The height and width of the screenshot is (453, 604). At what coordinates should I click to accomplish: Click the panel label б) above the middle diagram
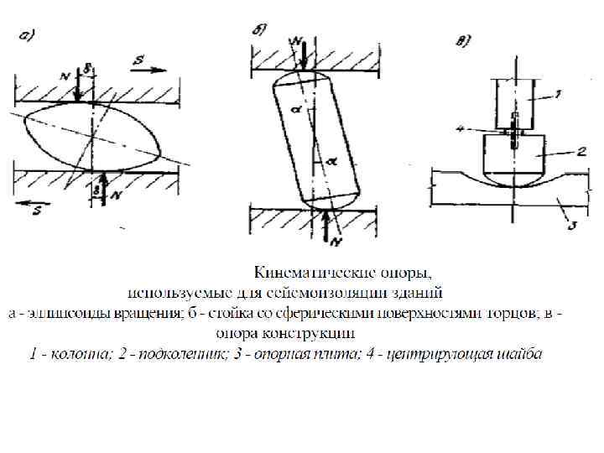pyautogui.click(x=261, y=31)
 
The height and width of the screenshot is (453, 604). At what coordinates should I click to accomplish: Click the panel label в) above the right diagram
pyautogui.click(x=463, y=39)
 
